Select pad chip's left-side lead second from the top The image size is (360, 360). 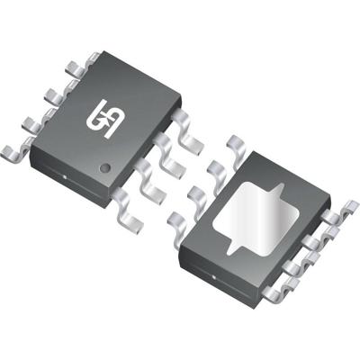coord(216,166)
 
